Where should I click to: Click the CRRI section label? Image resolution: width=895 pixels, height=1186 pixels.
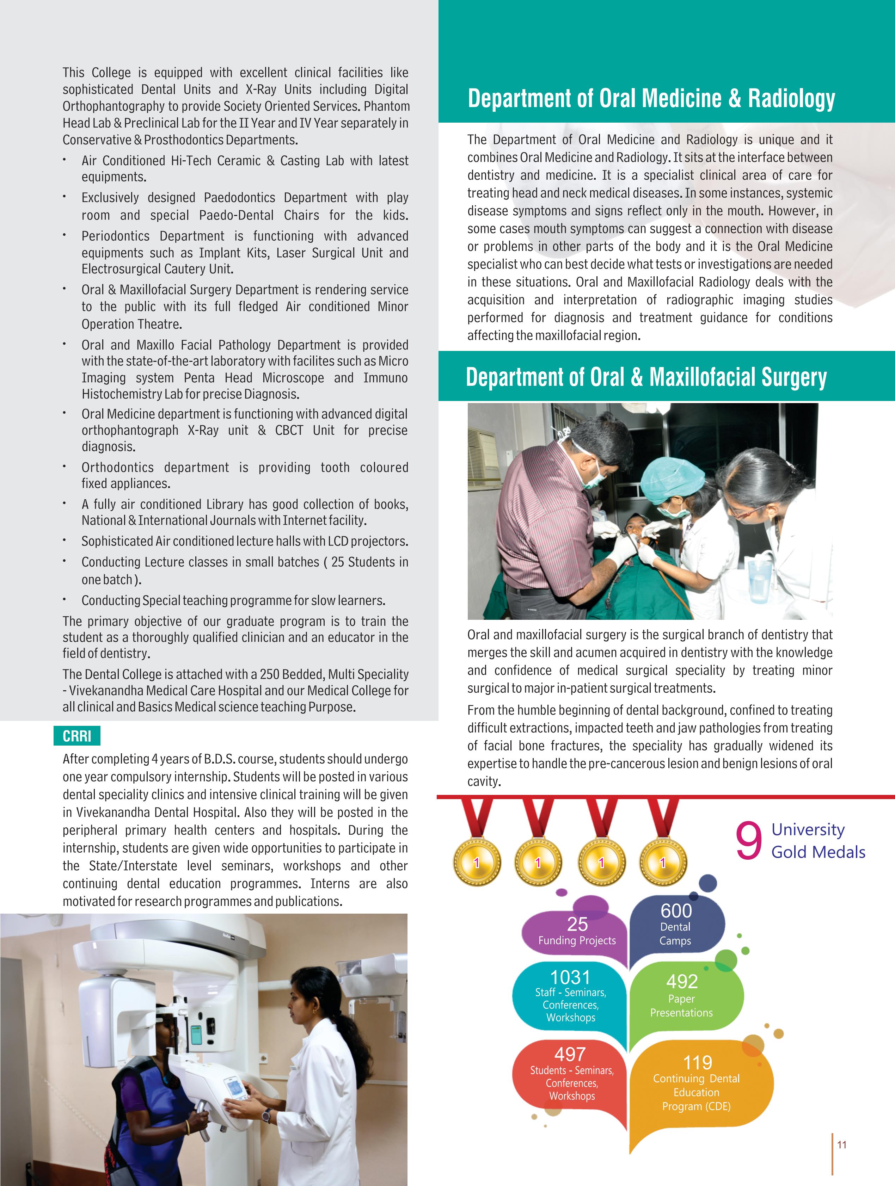coord(77,736)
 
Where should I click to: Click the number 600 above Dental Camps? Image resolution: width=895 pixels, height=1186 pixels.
coord(676,911)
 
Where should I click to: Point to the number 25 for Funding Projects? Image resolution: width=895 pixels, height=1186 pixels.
coord(577,924)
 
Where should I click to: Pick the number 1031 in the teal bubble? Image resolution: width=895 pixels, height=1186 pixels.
coord(570,977)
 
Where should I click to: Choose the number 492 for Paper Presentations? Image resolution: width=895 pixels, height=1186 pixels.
coord(682,981)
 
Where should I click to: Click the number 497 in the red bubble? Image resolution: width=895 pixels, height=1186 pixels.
coord(570,1054)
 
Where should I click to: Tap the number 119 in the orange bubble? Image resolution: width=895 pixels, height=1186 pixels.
coord(697,1062)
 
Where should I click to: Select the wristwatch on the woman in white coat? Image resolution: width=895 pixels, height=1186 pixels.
coord(266,1115)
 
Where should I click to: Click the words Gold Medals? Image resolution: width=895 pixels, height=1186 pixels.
coord(818,852)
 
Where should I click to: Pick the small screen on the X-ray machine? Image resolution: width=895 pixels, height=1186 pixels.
coord(235,1087)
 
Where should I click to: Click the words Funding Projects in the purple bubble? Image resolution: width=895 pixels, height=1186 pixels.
coord(577,940)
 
